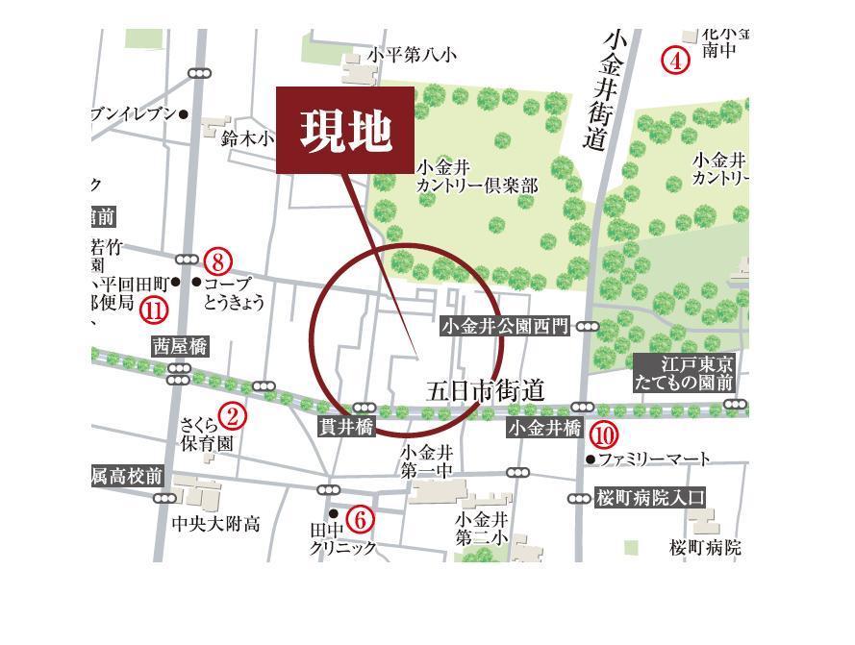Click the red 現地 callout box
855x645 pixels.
(x=346, y=131)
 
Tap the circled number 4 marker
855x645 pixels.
(x=676, y=61)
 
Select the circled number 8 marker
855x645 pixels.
(x=218, y=260)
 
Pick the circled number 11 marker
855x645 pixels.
(x=153, y=310)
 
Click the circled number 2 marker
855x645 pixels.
(x=232, y=415)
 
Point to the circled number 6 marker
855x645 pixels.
(x=359, y=520)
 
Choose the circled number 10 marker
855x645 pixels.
(x=603, y=434)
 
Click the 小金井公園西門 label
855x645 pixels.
(x=505, y=327)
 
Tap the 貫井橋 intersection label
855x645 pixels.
(x=346, y=427)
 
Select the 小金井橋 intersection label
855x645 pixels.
(x=544, y=428)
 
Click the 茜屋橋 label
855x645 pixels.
(x=180, y=347)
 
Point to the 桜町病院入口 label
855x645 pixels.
(x=650, y=498)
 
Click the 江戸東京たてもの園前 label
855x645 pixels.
(x=685, y=373)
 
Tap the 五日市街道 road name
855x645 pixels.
(x=486, y=391)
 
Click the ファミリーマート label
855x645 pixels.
(x=654, y=459)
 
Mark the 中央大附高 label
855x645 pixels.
(x=215, y=524)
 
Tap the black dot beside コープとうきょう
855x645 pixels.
(x=197, y=283)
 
